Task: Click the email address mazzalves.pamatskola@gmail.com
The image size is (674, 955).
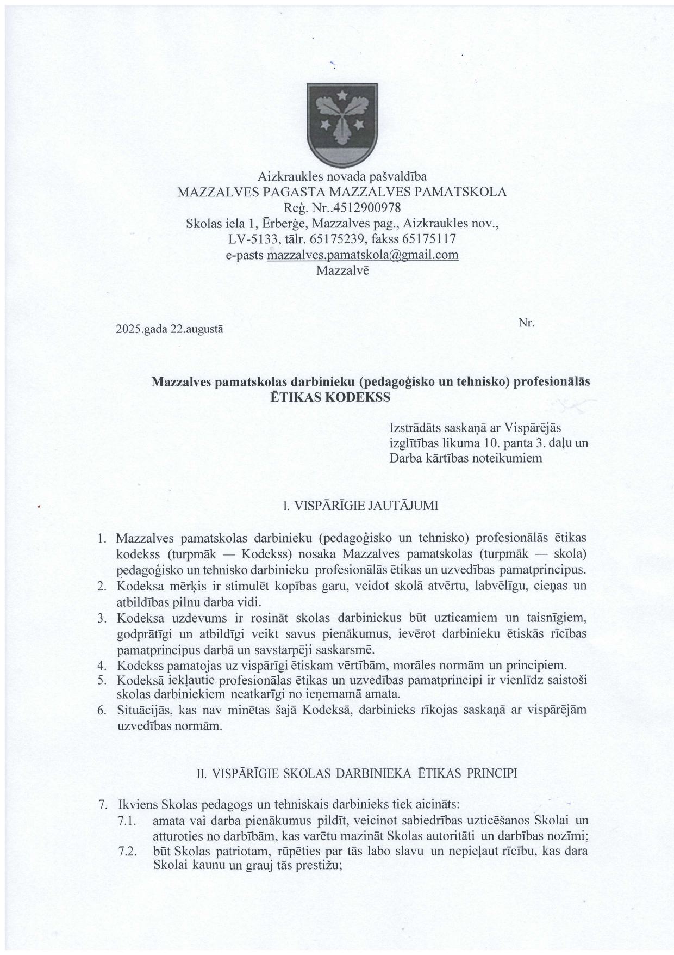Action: (363, 255)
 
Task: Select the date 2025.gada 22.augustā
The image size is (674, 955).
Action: (170, 329)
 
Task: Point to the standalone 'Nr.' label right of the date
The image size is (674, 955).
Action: (527, 323)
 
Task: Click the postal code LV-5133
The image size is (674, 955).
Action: (254, 239)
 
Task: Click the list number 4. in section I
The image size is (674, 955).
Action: (101, 665)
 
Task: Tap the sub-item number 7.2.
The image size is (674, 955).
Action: (127, 851)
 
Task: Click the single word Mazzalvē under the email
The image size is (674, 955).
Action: (342, 270)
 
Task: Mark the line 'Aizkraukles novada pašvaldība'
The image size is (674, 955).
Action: (342, 176)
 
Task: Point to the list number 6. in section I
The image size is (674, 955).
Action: (101, 711)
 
